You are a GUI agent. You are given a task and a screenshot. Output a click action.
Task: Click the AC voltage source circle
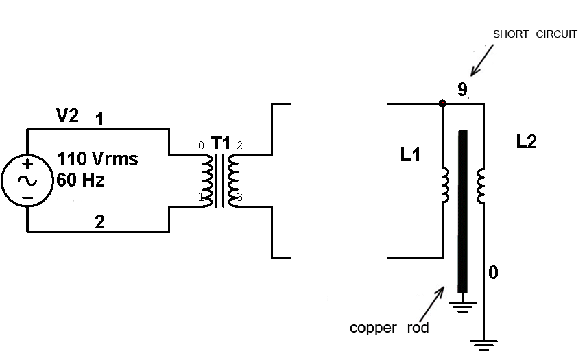(x=27, y=180)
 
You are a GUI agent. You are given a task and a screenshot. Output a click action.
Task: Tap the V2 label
(x=67, y=117)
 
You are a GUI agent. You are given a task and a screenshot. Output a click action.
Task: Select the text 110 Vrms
(x=97, y=160)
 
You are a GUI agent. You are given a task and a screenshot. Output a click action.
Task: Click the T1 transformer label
(x=221, y=143)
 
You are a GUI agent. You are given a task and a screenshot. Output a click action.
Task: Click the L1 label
(x=410, y=156)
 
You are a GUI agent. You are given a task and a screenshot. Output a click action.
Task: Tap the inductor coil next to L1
(x=445, y=185)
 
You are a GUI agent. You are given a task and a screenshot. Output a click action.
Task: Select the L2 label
(x=527, y=142)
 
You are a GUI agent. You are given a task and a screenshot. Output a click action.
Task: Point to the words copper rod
(x=389, y=328)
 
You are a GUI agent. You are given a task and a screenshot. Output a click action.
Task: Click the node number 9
(x=462, y=89)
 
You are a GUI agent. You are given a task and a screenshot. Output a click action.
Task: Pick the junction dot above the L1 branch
(x=442, y=104)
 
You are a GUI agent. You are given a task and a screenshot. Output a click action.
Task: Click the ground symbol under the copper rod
(x=464, y=305)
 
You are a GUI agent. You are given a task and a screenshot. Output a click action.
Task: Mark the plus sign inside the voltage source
(x=27, y=165)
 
